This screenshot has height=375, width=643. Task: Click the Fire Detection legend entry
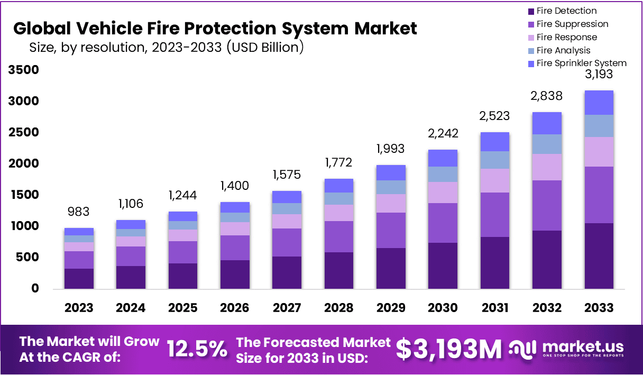coord(566,11)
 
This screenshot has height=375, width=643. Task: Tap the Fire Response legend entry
coord(566,37)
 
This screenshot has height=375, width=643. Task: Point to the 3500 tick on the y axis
coord(23,70)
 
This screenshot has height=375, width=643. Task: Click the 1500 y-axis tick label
coord(23,195)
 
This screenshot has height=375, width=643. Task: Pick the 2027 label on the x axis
coord(287,308)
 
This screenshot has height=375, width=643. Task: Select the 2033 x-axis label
coord(599,308)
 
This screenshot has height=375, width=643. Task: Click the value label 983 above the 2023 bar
coord(79,212)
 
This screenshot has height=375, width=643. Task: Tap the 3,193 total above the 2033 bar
coord(599,74)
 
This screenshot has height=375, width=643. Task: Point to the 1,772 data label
coord(338,162)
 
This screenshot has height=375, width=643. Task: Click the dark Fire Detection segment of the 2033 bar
coord(599,256)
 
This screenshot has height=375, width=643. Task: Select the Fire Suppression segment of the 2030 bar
coord(443,223)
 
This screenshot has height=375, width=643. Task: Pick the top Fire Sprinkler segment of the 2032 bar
coord(547,123)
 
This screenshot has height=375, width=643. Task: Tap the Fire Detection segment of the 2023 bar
coord(79,279)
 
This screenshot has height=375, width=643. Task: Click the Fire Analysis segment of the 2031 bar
coord(494,160)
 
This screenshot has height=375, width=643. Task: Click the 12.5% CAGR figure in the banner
coord(197,349)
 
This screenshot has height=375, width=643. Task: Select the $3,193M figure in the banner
coord(449,349)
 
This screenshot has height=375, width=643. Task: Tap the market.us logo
coord(567,349)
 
